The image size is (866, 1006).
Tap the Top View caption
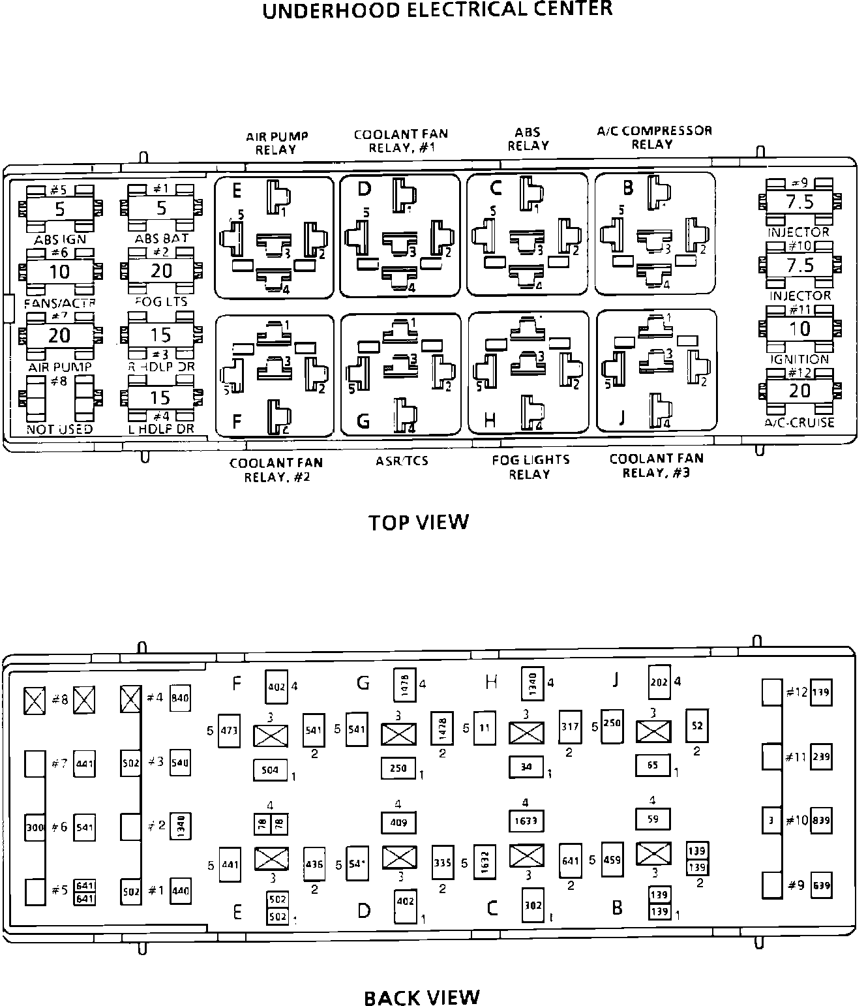click(x=418, y=522)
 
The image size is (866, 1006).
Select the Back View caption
click(x=421, y=998)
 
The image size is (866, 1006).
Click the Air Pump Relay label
click(x=276, y=143)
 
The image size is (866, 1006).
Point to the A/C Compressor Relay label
click(x=654, y=137)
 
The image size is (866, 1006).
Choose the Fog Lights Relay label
click(x=530, y=466)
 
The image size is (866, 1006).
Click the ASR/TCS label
click(x=402, y=461)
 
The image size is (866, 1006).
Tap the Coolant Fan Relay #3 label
click(x=656, y=465)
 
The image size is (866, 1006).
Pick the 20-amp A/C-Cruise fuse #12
click(x=799, y=390)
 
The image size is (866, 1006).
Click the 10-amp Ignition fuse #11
click(x=799, y=328)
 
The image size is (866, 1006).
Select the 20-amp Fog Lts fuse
click(x=160, y=271)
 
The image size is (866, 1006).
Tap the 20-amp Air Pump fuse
click(x=59, y=335)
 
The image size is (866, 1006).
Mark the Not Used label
click(x=59, y=429)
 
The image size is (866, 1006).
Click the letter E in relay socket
click(x=236, y=191)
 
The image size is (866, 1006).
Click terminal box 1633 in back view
click(x=526, y=821)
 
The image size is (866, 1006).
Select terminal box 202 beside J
click(x=659, y=682)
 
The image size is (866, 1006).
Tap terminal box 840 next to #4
click(x=179, y=698)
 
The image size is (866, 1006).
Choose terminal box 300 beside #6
click(x=35, y=827)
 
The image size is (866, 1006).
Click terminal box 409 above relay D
click(x=398, y=823)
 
